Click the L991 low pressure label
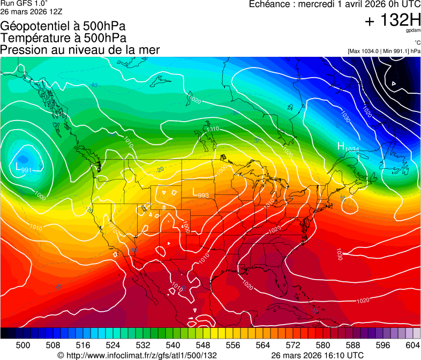[25, 168]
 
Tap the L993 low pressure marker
[200, 194]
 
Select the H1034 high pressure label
[348, 147]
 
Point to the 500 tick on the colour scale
[23, 346]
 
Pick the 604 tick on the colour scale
[413, 346]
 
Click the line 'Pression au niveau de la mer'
[80, 50]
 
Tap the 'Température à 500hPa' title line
[63, 38]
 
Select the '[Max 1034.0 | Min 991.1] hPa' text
[384, 51]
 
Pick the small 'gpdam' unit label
[413, 32]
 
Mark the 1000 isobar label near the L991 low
[39, 196]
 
